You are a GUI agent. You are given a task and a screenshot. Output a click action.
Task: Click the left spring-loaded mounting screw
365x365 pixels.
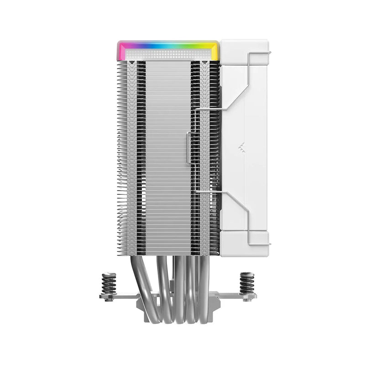click(x=109, y=284)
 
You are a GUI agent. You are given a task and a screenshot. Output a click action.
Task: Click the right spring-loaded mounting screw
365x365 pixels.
click(x=247, y=284)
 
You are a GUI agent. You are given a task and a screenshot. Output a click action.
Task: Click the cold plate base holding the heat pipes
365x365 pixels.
click(x=178, y=299)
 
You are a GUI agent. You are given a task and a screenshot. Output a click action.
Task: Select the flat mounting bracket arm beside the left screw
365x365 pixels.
click(x=120, y=297)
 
